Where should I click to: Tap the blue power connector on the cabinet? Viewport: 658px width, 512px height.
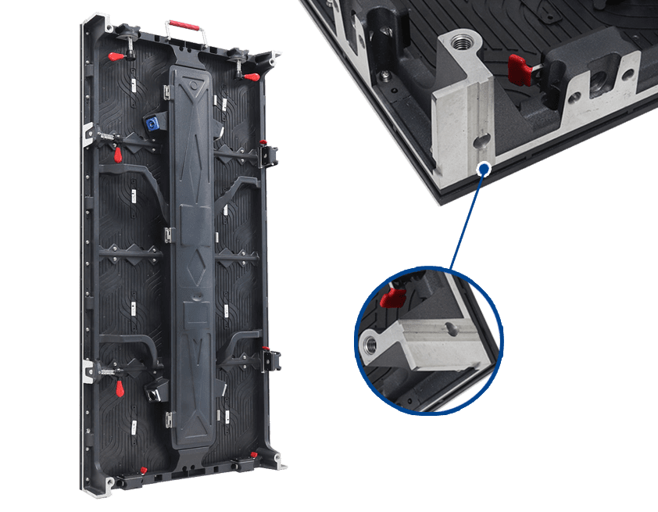pos(149,123)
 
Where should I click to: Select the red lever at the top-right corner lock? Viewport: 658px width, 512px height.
pos(251,77)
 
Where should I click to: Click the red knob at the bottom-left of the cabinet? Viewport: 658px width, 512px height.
pos(143,469)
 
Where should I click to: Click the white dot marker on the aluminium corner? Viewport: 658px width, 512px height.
pos(485,166)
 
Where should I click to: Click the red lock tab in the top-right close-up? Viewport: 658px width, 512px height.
pos(518,68)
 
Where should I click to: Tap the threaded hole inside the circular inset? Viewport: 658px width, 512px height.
pos(371,342)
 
